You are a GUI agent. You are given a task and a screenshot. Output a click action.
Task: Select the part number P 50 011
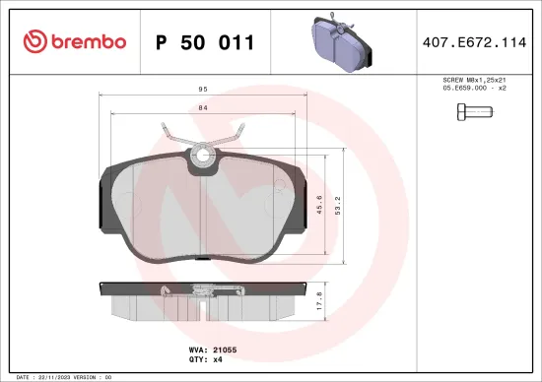pos(205,42)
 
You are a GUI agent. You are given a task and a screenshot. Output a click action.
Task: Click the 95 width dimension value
pos(201,90)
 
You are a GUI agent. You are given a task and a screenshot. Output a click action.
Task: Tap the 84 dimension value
pos(201,108)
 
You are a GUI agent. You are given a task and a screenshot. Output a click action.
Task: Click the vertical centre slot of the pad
pos(201,212)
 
